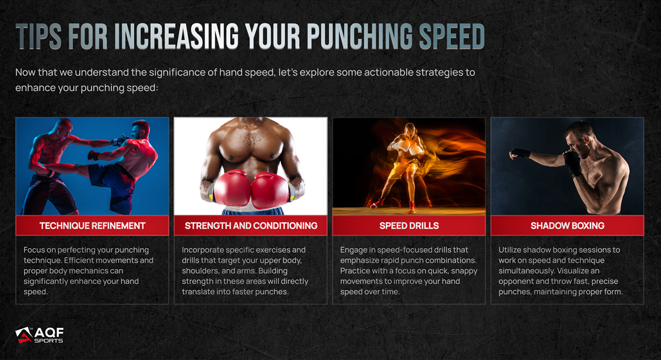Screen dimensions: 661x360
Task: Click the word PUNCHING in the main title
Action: click(360, 36)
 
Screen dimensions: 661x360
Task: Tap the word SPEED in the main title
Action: click(452, 36)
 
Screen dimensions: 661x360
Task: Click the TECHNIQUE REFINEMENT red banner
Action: click(93, 226)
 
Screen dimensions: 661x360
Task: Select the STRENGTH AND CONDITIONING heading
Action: click(251, 226)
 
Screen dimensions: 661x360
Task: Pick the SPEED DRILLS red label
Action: click(409, 226)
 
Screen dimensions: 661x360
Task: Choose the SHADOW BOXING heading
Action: click(567, 226)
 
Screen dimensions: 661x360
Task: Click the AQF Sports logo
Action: click(39, 335)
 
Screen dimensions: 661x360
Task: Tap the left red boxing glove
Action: click(232, 189)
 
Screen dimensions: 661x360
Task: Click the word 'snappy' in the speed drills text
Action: click(464, 271)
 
